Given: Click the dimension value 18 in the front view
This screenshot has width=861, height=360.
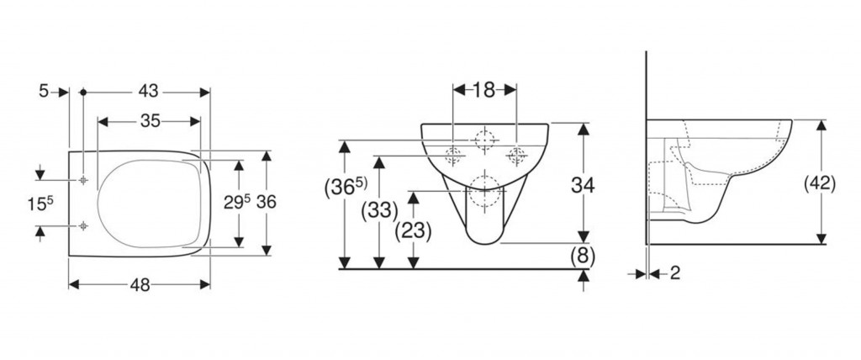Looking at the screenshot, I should coord(484,90).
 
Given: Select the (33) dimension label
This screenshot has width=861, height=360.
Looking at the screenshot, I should coord(379,210).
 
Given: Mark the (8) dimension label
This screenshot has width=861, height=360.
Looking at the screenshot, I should coord(583,256).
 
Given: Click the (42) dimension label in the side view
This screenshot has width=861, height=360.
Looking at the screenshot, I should coord(819,184).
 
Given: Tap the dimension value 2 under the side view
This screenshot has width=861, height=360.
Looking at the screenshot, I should coord(675,273).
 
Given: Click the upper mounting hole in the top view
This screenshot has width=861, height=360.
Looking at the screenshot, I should coord(84,181).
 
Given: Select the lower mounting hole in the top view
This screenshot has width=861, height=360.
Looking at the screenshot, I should coord(84,225).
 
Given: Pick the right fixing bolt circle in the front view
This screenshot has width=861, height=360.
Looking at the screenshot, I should coord(515,154).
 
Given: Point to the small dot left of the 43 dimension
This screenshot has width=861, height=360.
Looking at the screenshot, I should coord(83,92).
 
